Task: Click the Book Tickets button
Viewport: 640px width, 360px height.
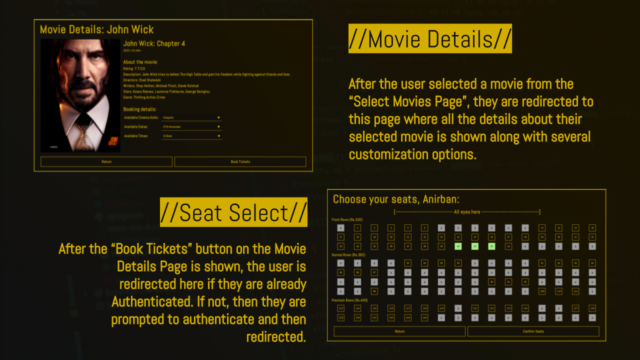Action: pos(240,161)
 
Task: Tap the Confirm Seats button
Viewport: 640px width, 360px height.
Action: pos(533,331)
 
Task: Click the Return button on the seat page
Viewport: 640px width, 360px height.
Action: pos(399,331)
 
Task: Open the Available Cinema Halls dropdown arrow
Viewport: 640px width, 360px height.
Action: pos(218,118)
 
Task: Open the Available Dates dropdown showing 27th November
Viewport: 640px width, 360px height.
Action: pos(191,127)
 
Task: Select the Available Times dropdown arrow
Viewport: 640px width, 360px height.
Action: pos(218,136)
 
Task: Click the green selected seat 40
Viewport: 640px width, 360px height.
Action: pos(457,246)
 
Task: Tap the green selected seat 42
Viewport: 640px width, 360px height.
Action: pos(491,246)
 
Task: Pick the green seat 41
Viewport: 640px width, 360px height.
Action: pos(474,246)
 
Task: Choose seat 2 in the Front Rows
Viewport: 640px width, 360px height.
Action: pos(357,228)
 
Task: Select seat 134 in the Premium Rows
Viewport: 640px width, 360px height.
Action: pos(424,317)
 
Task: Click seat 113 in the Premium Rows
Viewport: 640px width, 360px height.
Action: pos(340,308)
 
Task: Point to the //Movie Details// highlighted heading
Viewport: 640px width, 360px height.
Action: pos(430,38)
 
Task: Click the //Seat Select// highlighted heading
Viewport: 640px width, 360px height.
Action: pos(233,212)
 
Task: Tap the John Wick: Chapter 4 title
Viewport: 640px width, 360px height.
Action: pos(154,43)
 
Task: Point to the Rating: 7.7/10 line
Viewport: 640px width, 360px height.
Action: pos(134,68)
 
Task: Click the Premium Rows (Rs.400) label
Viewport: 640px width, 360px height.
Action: pos(350,300)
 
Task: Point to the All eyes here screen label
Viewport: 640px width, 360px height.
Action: pos(467,212)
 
